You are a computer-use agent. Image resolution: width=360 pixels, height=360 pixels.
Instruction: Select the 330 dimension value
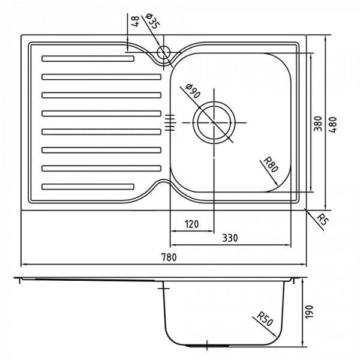coord(229,238)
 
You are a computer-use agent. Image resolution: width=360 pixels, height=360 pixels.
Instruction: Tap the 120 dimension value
coord(191,224)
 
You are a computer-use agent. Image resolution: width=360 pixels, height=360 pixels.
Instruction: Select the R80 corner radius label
coord(271,163)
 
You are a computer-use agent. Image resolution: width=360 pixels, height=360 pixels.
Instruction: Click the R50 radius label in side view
coord(263,317)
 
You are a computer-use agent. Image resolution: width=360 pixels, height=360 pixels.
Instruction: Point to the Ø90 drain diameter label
coord(191,91)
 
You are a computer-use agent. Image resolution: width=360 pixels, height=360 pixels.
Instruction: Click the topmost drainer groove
coord(88,58)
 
